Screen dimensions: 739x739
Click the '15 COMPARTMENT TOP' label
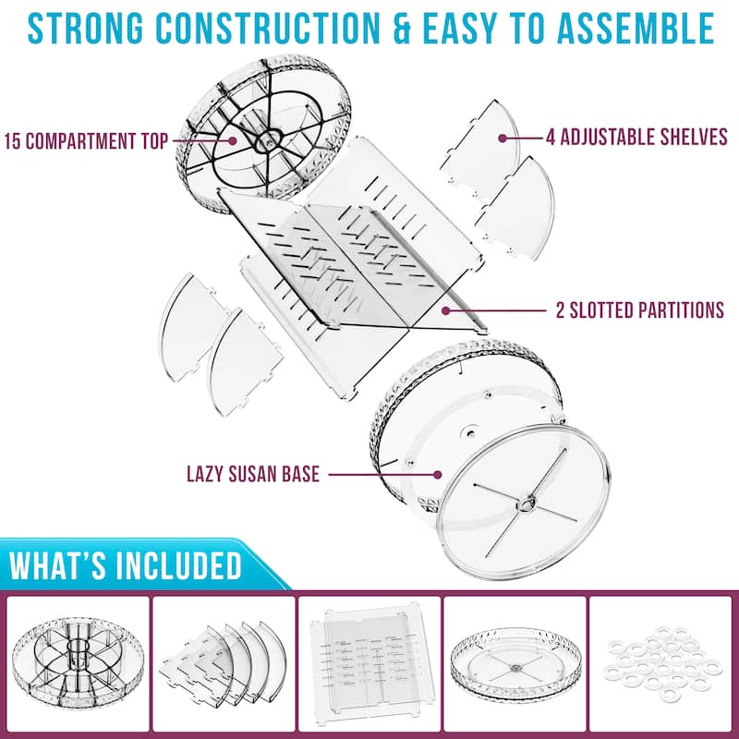(x=85, y=142)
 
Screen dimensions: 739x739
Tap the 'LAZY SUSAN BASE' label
(x=252, y=475)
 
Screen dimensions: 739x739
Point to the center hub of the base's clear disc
(x=528, y=503)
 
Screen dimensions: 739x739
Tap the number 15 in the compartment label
(x=13, y=142)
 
